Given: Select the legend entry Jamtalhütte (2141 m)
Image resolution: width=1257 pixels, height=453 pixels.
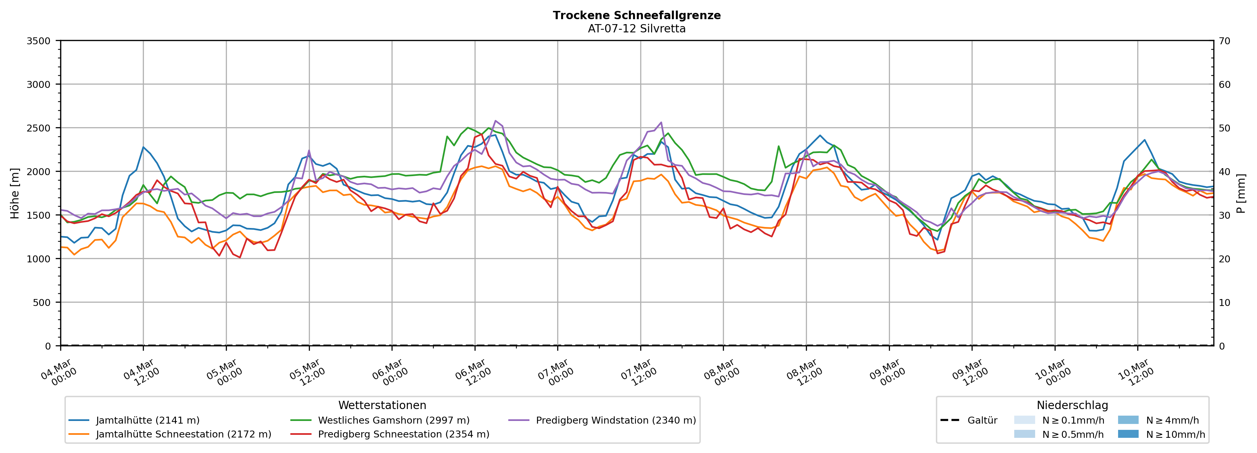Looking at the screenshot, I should tap(147, 420).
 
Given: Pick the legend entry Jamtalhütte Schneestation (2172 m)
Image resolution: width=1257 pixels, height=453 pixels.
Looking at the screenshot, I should tap(184, 434).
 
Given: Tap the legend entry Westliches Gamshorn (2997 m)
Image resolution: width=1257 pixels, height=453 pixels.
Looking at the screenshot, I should tap(393, 420).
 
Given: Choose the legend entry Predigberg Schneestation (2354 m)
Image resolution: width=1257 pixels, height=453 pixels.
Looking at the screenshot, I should tap(403, 434).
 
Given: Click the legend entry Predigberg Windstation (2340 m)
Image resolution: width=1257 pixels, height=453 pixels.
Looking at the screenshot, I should tap(615, 420).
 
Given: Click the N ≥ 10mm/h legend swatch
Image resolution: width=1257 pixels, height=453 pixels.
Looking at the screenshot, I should tap(1128, 434).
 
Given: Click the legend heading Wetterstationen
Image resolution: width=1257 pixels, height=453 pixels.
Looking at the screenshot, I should tap(382, 405).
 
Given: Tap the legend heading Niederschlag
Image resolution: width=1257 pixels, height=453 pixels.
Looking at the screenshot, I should tap(1072, 405).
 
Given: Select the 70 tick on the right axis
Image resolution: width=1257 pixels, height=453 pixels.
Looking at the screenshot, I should tap(1224, 41).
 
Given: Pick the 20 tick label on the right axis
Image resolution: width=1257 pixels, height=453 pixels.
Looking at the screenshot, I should tap(1224, 259).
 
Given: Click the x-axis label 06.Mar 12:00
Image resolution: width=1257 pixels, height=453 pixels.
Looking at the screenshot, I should tap(473, 373).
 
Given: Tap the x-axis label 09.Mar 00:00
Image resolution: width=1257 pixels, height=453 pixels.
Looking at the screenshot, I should tap(887, 373).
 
